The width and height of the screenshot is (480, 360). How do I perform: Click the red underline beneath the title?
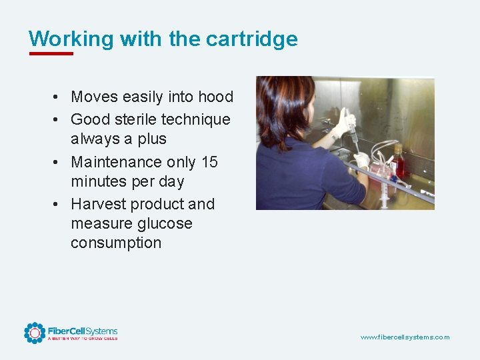pyautogui.click(x=51, y=53)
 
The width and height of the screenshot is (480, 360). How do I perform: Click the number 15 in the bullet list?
pyautogui.click(x=209, y=162)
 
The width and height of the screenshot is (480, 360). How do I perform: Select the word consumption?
pyautogui.click(x=116, y=243)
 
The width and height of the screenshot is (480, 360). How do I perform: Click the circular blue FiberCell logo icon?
pyautogui.click(x=34, y=333)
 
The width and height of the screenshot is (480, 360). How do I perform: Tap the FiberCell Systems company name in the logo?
pyautogui.click(x=82, y=331)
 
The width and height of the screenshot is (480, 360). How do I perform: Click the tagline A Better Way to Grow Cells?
pyautogui.click(x=82, y=339)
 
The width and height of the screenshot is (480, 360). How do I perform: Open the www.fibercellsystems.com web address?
pyautogui.click(x=405, y=337)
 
